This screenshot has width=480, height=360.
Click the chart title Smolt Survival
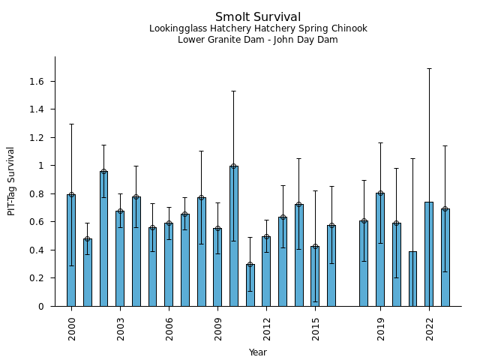258,17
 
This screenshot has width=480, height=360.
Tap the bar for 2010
234,235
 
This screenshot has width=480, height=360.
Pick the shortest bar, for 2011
250,285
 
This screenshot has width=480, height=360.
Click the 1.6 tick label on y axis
37,81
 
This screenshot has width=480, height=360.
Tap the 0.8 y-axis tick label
37,193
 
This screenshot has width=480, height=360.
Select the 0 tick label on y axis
42,306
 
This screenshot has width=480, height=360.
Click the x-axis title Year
258,352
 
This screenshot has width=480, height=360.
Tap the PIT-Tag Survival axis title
11,181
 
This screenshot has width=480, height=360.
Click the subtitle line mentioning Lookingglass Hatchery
258,29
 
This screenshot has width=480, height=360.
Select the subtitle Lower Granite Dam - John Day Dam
258,40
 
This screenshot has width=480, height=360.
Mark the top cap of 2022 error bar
429,68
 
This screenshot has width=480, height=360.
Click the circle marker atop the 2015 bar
315,246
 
